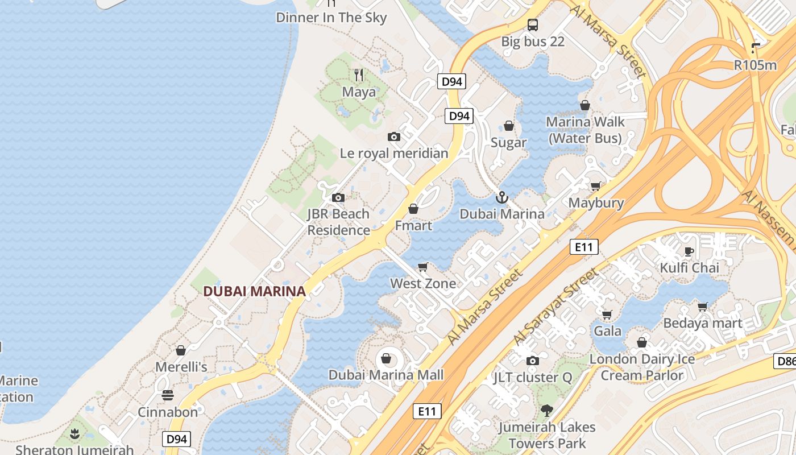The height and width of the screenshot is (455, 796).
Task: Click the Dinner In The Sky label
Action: click(331, 18)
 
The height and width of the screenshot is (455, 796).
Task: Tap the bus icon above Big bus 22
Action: click(533, 24)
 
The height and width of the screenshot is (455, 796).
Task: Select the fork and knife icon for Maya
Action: click(359, 75)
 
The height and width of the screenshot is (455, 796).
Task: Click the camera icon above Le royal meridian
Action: click(393, 136)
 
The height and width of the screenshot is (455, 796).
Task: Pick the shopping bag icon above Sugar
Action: click(509, 126)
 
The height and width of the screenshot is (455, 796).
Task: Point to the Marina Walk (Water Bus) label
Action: click(585, 130)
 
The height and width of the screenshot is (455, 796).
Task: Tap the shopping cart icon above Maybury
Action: click(595, 186)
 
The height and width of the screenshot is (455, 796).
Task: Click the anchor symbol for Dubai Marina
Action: click(501, 197)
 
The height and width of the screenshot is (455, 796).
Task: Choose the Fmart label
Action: click(413, 226)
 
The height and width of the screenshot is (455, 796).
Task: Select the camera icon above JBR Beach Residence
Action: click(338, 197)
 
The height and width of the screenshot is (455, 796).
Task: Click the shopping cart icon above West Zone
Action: click(422, 267)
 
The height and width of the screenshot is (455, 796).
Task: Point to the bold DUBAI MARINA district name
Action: click(254, 291)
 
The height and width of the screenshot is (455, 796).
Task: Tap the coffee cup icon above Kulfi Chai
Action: click(689, 251)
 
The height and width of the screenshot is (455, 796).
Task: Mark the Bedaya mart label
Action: click(703, 324)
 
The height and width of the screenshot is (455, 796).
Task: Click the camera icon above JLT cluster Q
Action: click(533, 361)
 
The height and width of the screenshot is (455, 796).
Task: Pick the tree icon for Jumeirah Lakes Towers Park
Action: click(546, 410)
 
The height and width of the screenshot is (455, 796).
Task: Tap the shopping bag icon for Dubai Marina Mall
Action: click(386, 358)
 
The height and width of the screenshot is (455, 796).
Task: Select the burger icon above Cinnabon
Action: click(168, 395)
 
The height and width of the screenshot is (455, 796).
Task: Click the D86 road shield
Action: click(785, 361)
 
